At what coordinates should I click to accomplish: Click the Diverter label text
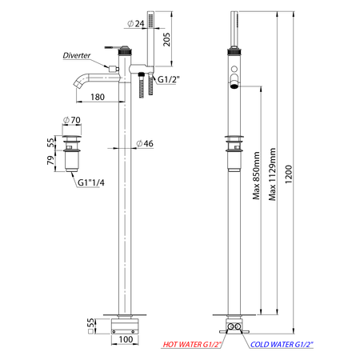tap(77, 55)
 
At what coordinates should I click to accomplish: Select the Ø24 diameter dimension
tap(136, 24)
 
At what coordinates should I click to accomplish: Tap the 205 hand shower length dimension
tap(166, 39)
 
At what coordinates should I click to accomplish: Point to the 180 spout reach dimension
tap(98, 97)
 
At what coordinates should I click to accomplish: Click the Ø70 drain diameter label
tap(72, 120)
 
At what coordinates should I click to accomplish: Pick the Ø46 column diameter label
tap(145, 143)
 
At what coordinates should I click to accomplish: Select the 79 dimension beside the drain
tap(50, 160)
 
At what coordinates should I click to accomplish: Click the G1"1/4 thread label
tap(91, 182)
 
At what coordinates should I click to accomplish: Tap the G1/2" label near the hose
tap(169, 79)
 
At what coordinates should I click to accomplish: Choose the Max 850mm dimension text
tap(256, 176)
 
